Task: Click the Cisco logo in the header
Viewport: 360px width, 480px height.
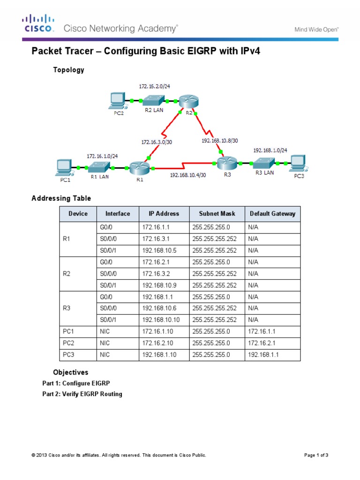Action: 39,23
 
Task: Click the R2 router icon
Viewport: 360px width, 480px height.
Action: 188,101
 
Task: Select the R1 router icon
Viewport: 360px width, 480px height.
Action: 139,166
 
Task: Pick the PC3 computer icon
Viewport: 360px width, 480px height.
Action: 298,163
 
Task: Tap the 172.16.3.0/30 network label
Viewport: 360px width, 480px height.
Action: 157,141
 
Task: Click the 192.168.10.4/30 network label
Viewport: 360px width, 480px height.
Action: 187,176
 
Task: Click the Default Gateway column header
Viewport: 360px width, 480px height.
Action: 272,214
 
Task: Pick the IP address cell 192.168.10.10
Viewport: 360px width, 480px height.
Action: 161,320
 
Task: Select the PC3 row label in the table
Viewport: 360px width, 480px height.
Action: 69,355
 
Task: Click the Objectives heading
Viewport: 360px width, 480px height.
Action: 71,373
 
